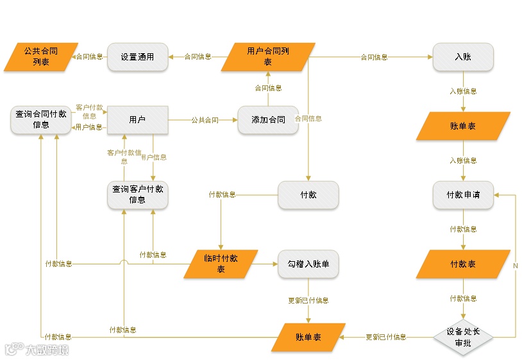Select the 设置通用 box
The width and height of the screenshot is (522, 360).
click(138, 56)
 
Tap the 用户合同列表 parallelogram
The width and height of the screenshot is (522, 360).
click(268, 56)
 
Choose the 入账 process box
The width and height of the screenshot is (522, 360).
click(463, 56)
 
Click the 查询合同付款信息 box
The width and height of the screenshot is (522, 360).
click(41, 120)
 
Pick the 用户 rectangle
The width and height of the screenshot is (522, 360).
click(137, 120)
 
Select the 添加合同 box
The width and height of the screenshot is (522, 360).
click(268, 120)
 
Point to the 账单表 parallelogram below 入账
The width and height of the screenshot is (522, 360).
click(463, 126)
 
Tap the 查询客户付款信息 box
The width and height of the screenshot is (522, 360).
click(138, 194)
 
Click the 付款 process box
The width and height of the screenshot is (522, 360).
click(308, 194)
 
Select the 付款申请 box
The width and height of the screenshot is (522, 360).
click(463, 194)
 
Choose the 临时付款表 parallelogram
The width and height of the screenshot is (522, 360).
click(221, 264)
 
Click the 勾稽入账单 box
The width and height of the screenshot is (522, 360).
click(308, 264)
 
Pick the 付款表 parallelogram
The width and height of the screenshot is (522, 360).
click(463, 264)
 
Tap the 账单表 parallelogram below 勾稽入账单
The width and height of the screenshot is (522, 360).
click(308, 337)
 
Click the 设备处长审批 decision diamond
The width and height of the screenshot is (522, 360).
click(463, 337)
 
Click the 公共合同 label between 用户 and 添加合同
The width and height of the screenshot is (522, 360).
click(205, 120)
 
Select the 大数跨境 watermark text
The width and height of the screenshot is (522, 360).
click(47, 350)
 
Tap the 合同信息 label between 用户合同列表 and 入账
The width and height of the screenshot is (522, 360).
click(374, 57)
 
